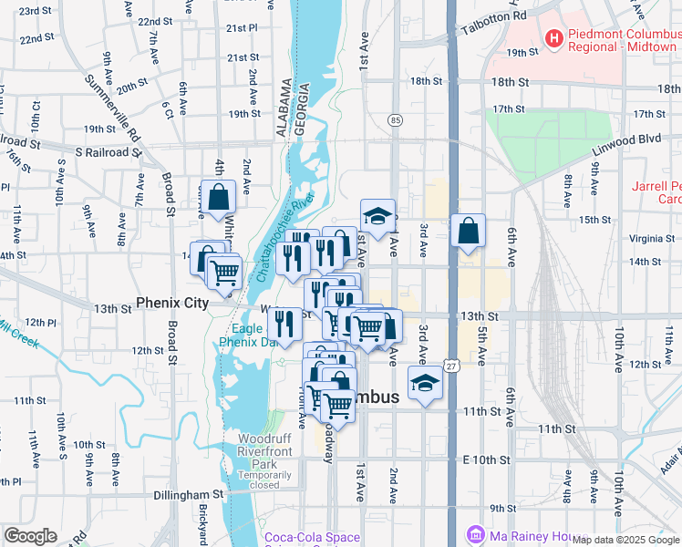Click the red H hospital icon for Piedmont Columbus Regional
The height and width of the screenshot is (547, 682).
pos(552,37)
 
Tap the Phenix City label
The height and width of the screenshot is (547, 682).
pos(172,302)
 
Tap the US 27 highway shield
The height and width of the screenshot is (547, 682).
pos(451,366)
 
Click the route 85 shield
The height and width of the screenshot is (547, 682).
pos(395,119)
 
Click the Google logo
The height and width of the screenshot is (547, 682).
pos(30,535)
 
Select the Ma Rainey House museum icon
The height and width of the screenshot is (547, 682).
pos(475,534)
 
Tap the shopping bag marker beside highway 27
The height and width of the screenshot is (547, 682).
pos(468,232)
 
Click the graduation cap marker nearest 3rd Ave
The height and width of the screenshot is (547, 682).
pos(424,384)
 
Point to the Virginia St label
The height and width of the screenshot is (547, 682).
pos(651,239)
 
